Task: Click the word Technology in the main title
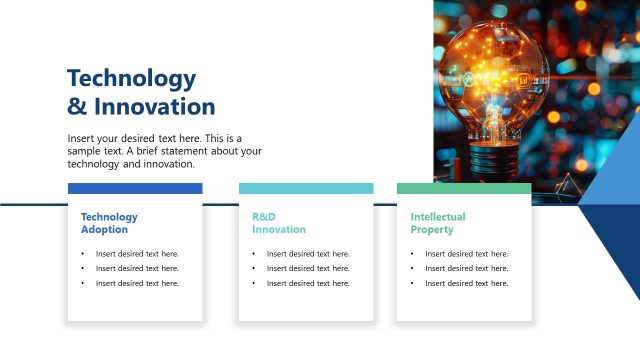click(131, 79)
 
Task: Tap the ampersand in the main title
click(77, 107)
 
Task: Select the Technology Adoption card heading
click(109, 223)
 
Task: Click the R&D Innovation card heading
click(279, 223)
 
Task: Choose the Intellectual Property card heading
click(438, 223)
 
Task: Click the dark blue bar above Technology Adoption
click(135, 188)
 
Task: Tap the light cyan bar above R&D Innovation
click(306, 188)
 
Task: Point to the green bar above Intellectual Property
click(464, 188)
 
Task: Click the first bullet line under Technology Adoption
click(137, 254)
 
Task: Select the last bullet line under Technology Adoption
click(137, 283)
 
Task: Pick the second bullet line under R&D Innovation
click(308, 268)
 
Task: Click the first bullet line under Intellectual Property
click(466, 254)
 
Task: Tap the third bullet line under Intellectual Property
click(466, 283)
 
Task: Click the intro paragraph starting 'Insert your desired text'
click(165, 151)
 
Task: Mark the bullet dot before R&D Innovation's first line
click(254, 254)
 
